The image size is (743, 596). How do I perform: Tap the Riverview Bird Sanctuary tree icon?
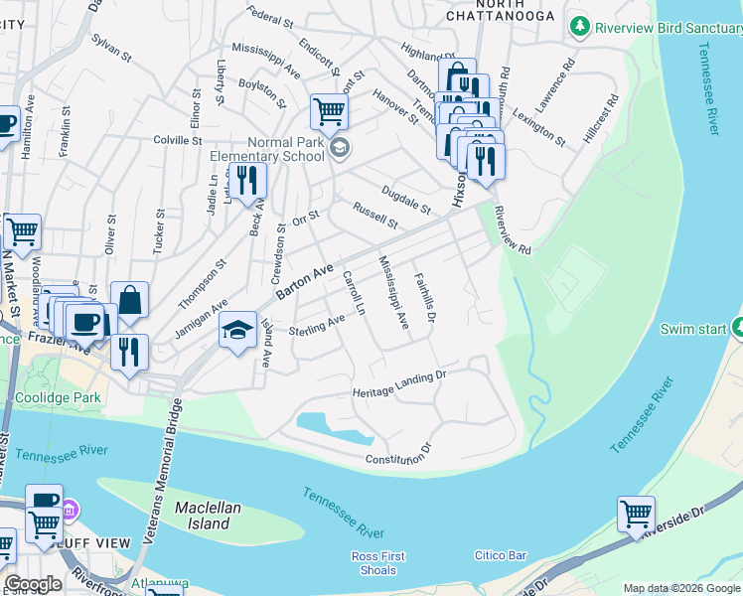(x=578, y=27)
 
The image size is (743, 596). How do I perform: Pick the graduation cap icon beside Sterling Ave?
(x=237, y=331)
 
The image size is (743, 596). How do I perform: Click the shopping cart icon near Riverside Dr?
(x=636, y=515)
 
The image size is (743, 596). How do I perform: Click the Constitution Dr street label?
(x=400, y=454)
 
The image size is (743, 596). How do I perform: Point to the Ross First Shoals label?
(x=374, y=563)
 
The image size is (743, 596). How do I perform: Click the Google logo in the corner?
(x=33, y=584)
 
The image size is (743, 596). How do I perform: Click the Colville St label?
(x=178, y=141)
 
